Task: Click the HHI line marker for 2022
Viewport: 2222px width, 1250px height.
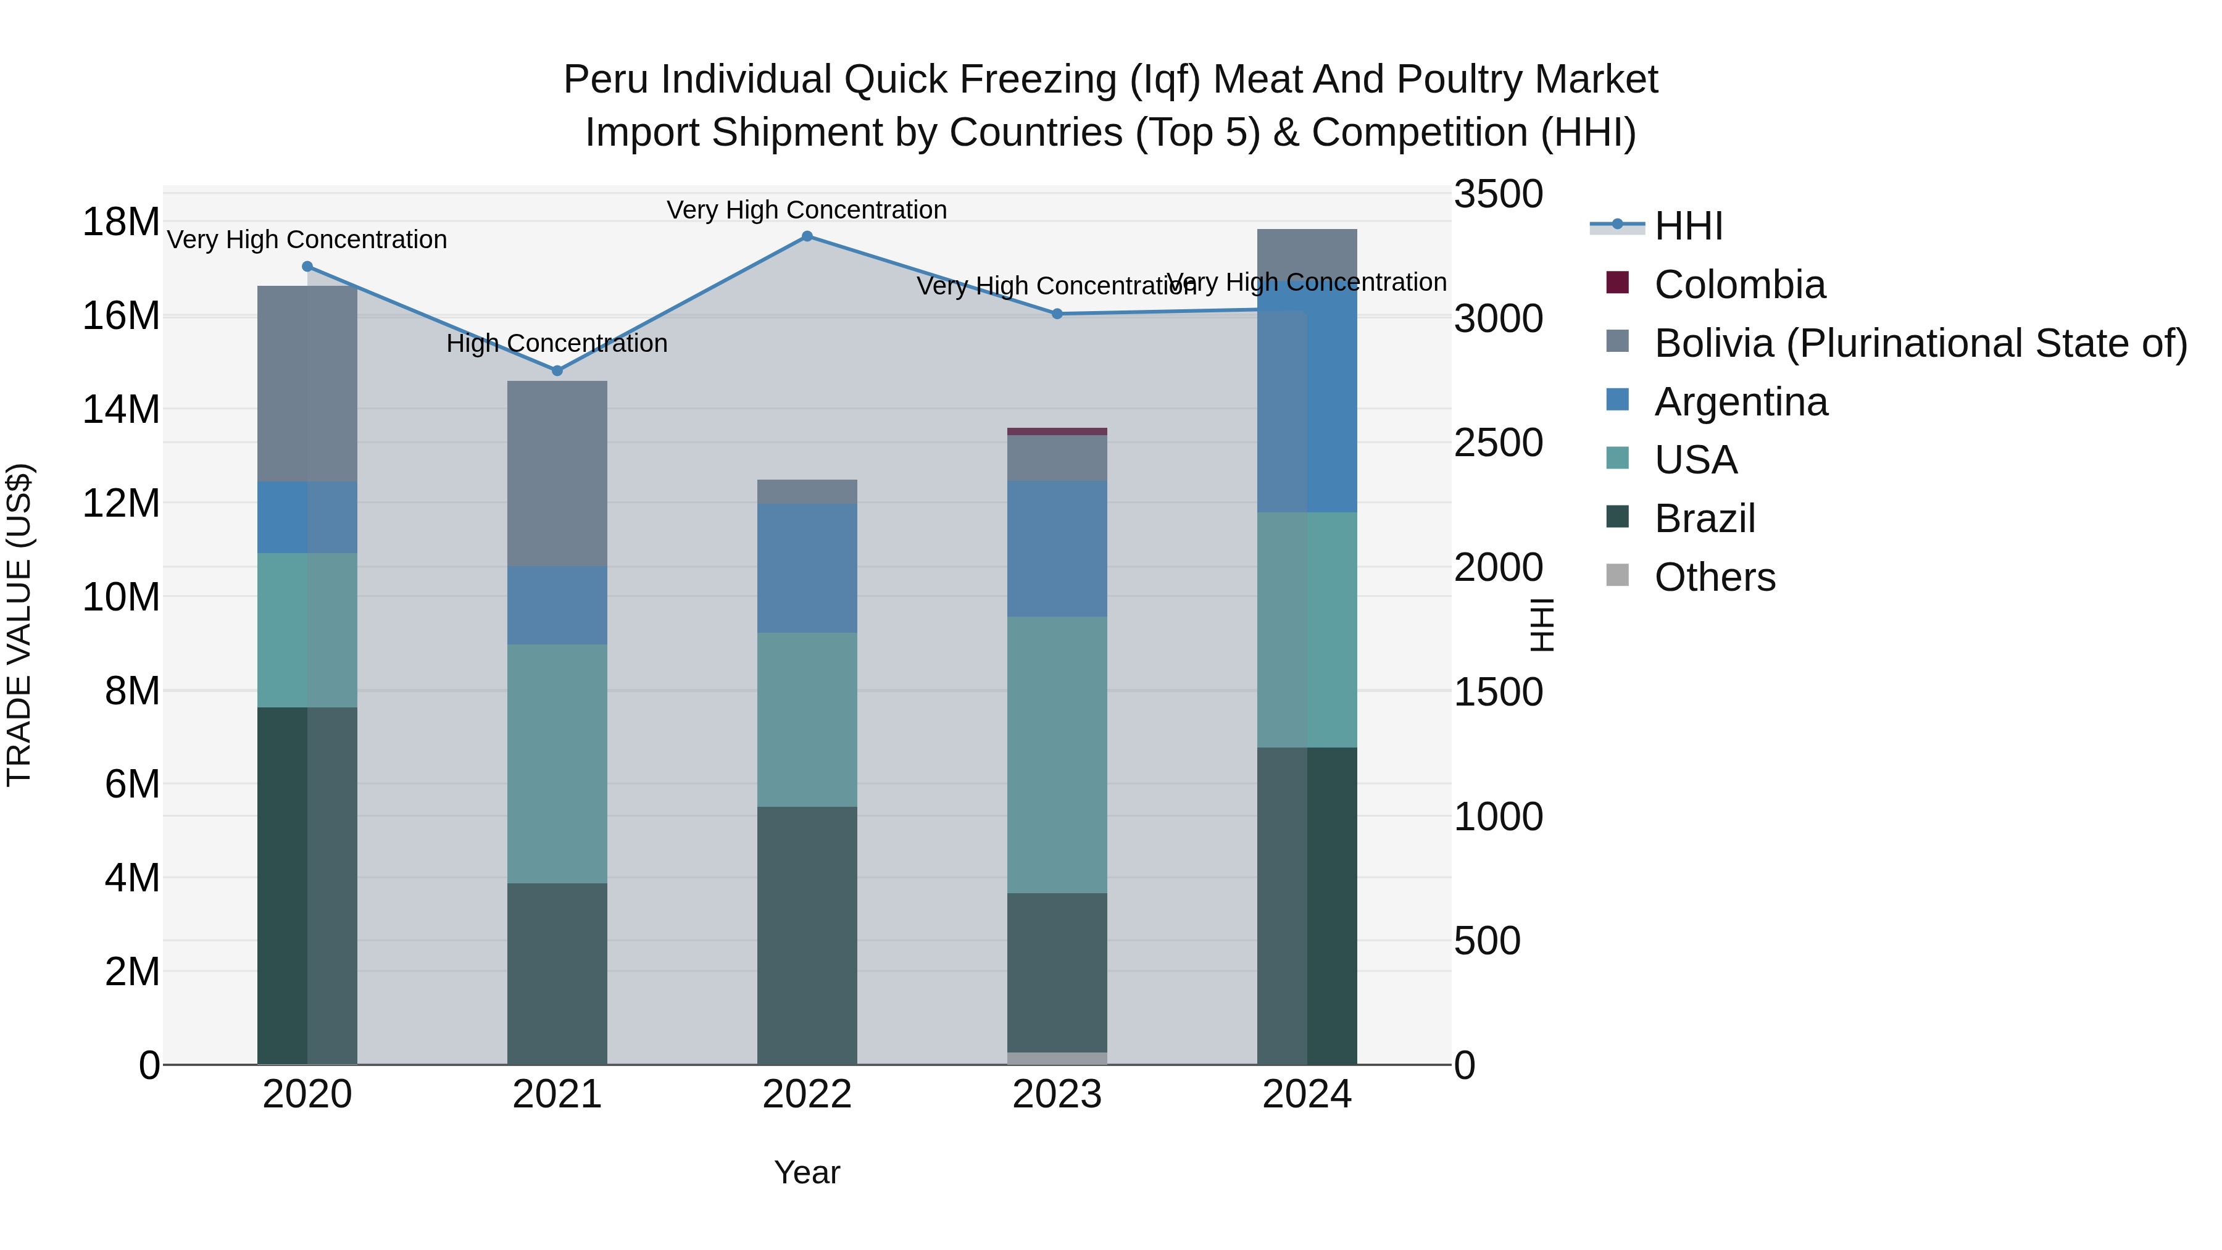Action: pos(807,236)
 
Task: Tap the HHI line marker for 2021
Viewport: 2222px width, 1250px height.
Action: pos(557,371)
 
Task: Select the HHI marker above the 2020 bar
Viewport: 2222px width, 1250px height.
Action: pos(308,267)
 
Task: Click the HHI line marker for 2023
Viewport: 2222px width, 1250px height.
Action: pos(1057,314)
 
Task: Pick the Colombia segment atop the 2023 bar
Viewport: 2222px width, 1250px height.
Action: pos(1057,431)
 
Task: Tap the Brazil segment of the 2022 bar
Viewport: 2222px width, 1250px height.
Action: pos(807,935)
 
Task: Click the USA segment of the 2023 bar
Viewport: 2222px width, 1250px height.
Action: pos(1057,755)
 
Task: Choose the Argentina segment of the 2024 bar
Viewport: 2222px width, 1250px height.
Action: pos(1307,406)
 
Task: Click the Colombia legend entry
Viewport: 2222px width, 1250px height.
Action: pos(1739,285)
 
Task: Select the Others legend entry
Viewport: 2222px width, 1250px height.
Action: pos(1714,577)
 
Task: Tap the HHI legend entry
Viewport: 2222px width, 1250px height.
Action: pos(1688,226)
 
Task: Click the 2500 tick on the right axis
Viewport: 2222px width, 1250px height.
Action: pos(1498,443)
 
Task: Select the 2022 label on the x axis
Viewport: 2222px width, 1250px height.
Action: pos(807,1094)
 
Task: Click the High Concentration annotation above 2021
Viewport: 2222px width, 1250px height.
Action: pos(557,343)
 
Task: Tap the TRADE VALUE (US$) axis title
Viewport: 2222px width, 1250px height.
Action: pos(19,625)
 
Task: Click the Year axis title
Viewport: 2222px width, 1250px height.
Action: pos(807,1172)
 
